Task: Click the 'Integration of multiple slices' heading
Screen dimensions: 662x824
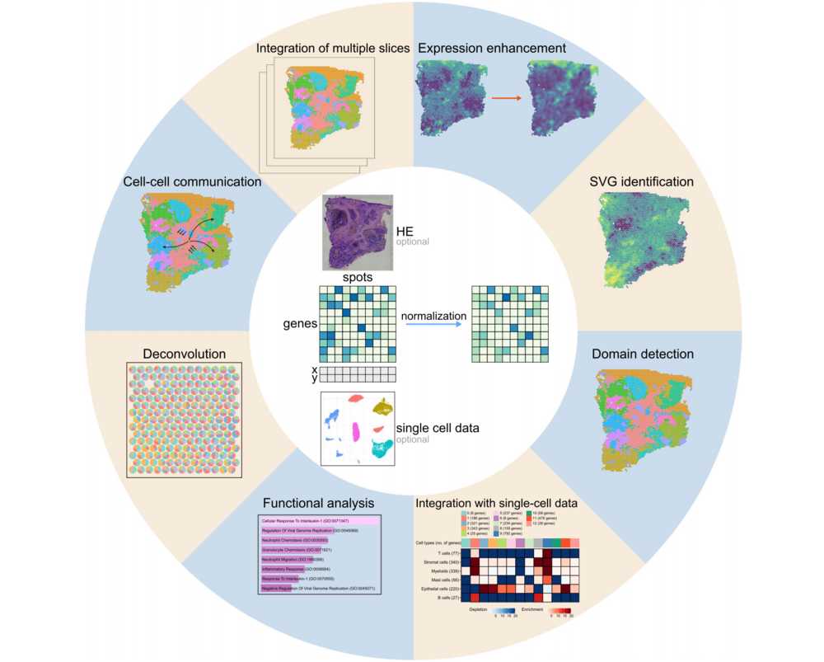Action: pyautogui.click(x=332, y=49)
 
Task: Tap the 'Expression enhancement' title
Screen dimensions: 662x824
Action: pyautogui.click(x=492, y=49)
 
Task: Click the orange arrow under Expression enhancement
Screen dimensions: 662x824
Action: pyautogui.click(x=506, y=98)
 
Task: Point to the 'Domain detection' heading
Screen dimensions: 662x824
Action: pyautogui.click(x=643, y=354)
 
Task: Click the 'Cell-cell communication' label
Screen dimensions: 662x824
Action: pyautogui.click(x=192, y=181)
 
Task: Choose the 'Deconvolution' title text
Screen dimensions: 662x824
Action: pyautogui.click(x=185, y=354)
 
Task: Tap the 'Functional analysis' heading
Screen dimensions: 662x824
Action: pyautogui.click(x=318, y=503)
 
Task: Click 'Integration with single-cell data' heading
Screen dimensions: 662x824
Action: pyautogui.click(x=496, y=503)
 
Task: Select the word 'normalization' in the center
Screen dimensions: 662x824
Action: pyautogui.click(x=433, y=316)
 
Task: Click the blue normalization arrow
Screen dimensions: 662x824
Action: pyautogui.click(x=433, y=326)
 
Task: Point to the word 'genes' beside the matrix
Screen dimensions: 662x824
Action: pyautogui.click(x=300, y=324)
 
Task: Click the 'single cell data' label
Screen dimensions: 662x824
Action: pyautogui.click(x=438, y=428)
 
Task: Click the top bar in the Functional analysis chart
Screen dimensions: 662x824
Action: pyautogui.click(x=318, y=522)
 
